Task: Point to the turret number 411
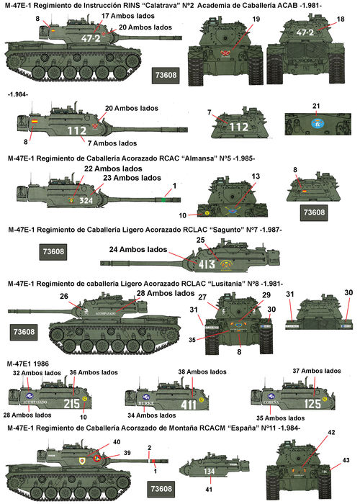pos(188,405)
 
